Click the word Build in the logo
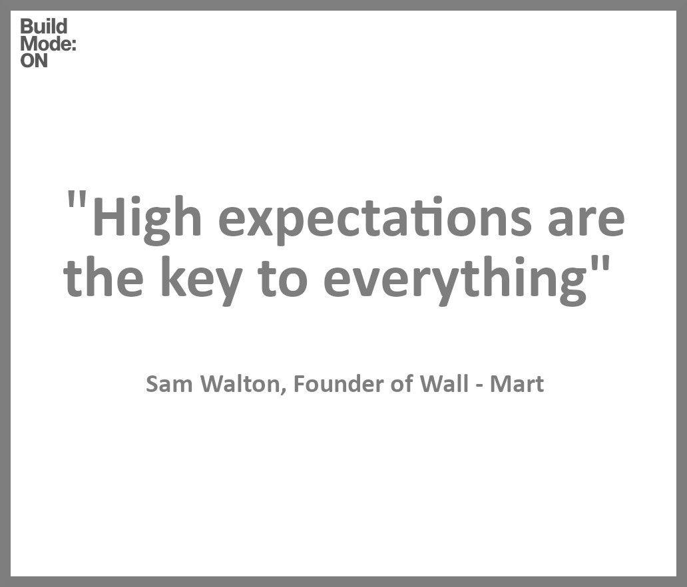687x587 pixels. click(x=44, y=27)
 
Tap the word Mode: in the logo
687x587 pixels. click(x=48, y=44)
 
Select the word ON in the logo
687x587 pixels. click(x=34, y=61)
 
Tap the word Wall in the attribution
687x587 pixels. click(x=444, y=385)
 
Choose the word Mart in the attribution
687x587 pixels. click(x=517, y=385)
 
